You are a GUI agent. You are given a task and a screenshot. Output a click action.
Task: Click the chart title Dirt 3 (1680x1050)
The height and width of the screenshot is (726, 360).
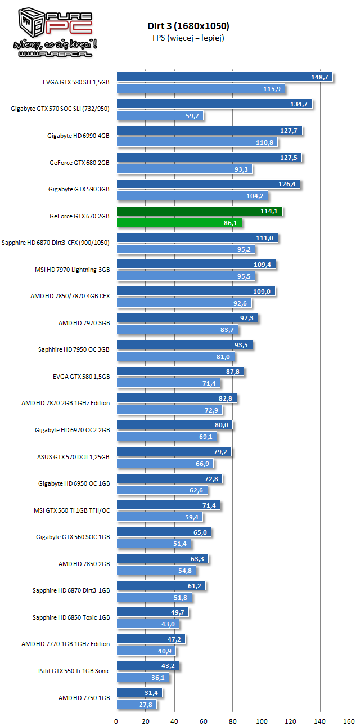click(186, 26)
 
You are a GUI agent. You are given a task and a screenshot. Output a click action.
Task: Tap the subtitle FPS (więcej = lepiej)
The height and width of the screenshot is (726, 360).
click(186, 37)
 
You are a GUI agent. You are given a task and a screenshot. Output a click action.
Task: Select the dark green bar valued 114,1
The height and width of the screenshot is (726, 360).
click(199, 212)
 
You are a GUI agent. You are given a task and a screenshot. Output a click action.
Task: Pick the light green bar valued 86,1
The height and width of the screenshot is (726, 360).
click(179, 223)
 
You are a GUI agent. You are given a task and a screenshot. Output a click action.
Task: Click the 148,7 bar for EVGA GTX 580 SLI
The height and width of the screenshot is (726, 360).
click(224, 77)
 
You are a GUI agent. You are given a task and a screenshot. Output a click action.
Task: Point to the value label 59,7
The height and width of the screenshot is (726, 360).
click(193, 116)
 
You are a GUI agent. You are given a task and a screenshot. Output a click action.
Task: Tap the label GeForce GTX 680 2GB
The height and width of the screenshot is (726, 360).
click(79, 163)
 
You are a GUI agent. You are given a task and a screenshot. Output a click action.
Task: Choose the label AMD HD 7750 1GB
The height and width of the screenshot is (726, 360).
click(84, 698)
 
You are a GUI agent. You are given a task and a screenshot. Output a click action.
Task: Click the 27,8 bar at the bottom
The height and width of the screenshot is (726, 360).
click(136, 704)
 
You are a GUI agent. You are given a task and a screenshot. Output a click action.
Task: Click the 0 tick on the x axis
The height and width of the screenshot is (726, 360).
click(116, 721)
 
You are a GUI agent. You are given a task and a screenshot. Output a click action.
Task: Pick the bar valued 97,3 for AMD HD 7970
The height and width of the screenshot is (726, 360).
click(187, 319)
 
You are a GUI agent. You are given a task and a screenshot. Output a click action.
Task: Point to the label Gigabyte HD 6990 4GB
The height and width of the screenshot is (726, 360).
click(78, 136)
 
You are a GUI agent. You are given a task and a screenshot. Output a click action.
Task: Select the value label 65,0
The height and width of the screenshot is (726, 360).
click(201, 532)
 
